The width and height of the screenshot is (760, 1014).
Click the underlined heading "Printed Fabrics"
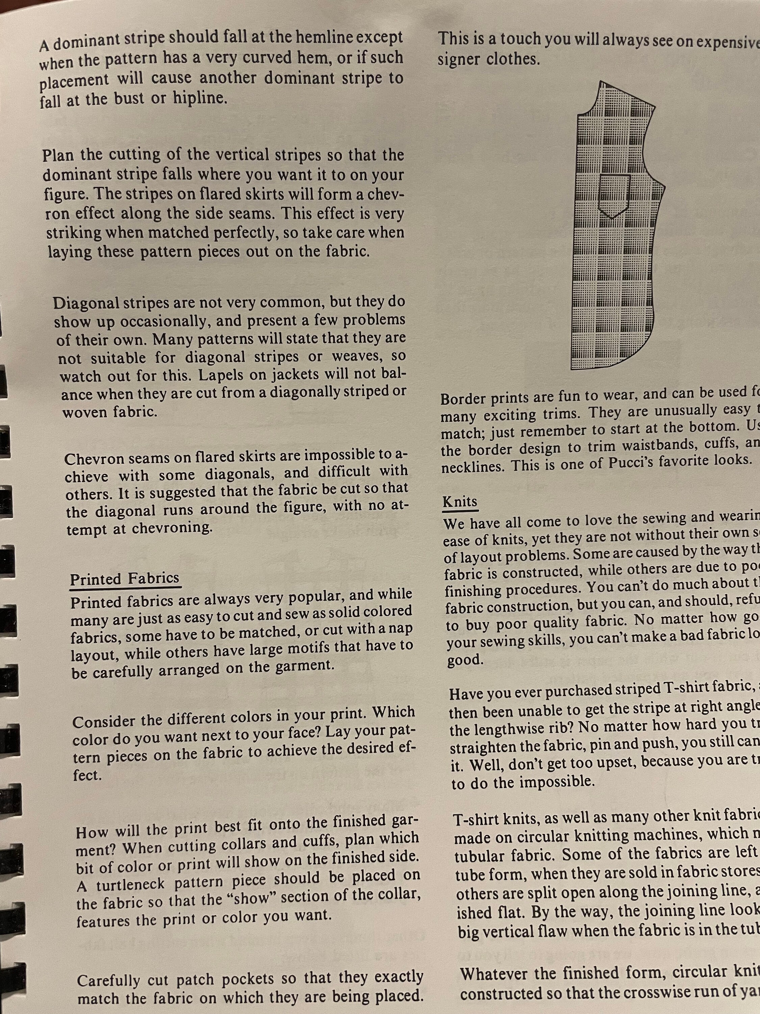(124, 579)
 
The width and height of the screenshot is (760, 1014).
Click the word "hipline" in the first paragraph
(199, 98)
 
